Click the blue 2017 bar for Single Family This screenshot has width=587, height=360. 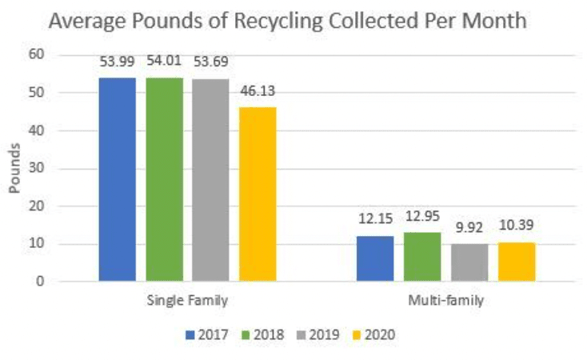coord(118,179)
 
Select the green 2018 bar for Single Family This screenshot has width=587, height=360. coord(164,179)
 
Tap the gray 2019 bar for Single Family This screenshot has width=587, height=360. coord(210,180)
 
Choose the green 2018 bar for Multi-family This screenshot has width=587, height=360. coord(421,257)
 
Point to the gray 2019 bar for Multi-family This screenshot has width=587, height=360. coord(469,262)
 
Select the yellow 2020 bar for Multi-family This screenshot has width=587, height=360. coord(516,262)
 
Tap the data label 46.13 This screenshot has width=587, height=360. coord(258,92)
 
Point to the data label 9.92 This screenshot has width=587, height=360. coord(469,229)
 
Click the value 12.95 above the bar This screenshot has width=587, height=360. coord(422,217)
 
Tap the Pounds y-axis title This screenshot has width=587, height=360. coord(14,168)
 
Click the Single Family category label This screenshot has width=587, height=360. coord(187,302)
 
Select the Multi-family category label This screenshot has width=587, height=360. coord(445,302)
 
